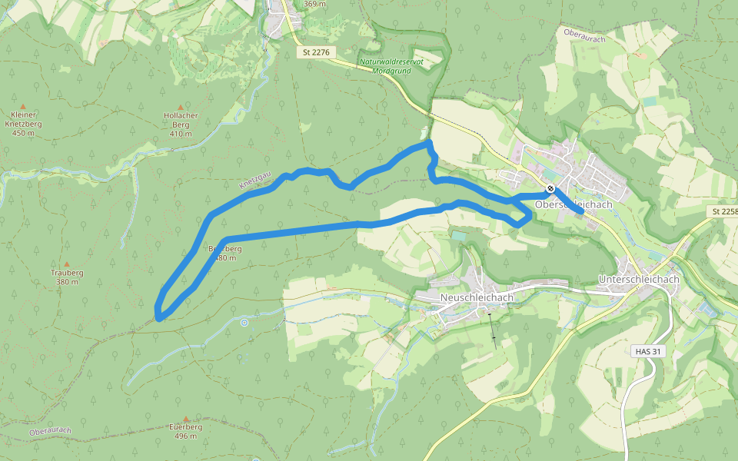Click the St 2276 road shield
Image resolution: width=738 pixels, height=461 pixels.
click(317, 52)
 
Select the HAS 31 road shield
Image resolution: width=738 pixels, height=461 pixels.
click(647, 351)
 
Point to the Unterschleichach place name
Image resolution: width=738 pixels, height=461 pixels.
click(639, 280)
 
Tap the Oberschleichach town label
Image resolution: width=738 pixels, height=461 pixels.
click(573, 204)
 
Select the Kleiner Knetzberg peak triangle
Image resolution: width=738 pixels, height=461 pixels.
click(23, 106)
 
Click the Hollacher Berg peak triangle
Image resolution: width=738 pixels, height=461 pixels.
click(181, 107)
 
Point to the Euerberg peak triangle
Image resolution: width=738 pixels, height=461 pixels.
click(185, 419)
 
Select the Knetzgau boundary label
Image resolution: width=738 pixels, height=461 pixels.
click(255, 181)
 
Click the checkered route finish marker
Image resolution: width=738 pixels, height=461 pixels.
click(550, 189)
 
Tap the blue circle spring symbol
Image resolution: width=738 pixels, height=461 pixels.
click(244, 323)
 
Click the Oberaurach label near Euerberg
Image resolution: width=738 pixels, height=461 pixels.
click(51, 432)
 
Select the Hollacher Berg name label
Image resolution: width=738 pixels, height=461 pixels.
click(181, 120)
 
